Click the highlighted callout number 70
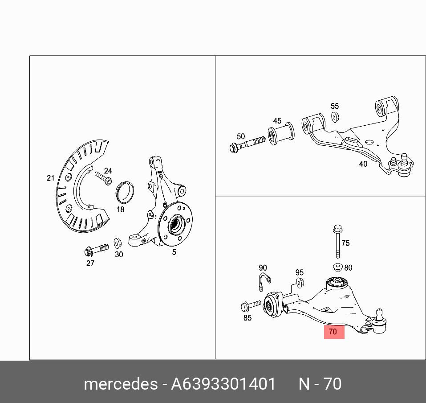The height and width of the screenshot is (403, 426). tap(333, 332)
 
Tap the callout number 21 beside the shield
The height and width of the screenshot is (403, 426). tap(51, 178)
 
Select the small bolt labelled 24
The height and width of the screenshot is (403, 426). tap(103, 178)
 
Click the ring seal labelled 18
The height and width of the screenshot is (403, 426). tap(125, 193)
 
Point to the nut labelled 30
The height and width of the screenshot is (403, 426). tap(118, 243)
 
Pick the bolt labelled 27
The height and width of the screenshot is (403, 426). tap(97, 250)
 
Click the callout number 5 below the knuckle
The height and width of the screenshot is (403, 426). tap(174, 252)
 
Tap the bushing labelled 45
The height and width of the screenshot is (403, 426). tap(281, 134)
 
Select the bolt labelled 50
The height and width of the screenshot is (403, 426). tap(247, 145)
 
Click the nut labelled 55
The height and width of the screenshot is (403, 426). tap(335, 117)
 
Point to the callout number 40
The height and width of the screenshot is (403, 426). tap(363, 164)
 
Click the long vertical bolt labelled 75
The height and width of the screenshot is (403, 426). tap(337, 242)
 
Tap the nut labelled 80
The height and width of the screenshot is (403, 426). tap(338, 267)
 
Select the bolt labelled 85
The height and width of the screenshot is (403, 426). tap(251, 306)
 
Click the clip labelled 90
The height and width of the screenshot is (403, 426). tap(264, 281)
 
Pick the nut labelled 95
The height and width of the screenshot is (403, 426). tap(300, 283)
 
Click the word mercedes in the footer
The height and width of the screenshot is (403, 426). tap(121, 384)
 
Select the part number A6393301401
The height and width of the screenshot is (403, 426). tap(223, 384)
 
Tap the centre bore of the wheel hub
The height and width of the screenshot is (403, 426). tap(174, 225)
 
